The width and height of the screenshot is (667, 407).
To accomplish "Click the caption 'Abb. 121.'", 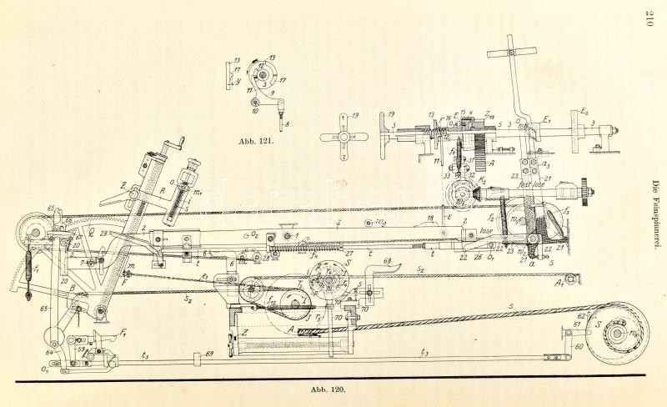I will click(255, 142).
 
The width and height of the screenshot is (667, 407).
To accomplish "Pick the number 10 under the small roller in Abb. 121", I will click(254, 109).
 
